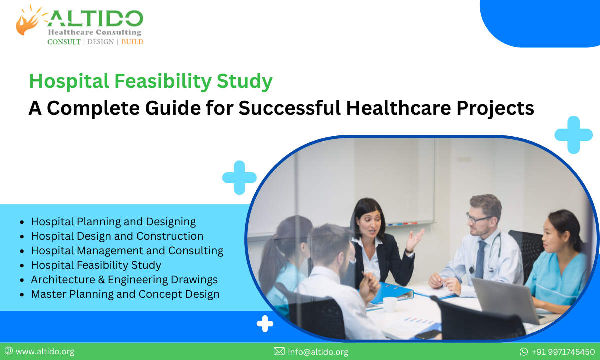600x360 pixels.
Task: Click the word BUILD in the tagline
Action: pyautogui.click(x=132, y=42)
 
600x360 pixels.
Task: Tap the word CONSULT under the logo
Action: pyautogui.click(x=64, y=42)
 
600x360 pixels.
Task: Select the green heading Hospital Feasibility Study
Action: pyautogui.click(x=150, y=82)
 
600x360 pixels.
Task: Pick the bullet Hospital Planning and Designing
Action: pyautogui.click(x=113, y=221)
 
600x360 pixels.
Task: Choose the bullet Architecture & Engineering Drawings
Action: pyautogui.click(x=124, y=279)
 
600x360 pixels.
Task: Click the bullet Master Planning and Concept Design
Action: pyautogui.click(x=125, y=294)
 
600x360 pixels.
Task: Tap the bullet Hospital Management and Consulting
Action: pyautogui.click(x=127, y=250)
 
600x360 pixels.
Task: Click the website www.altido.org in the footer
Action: pyautogui.click(x=45, y=351)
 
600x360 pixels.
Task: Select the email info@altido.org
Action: pyautogui.click(x=318, y=352)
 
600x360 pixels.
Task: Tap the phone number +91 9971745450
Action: pyautogui.click(x=563, y=352)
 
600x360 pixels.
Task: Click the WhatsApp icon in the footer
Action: pyautogui.click(x=523, y=352)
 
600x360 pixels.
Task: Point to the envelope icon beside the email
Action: pyautogui.click(x=279, y=352)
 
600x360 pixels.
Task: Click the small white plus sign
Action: pyautogui.click(x=265, y=324)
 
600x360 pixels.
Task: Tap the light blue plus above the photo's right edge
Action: pyautogui.click(x=573, y=135)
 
